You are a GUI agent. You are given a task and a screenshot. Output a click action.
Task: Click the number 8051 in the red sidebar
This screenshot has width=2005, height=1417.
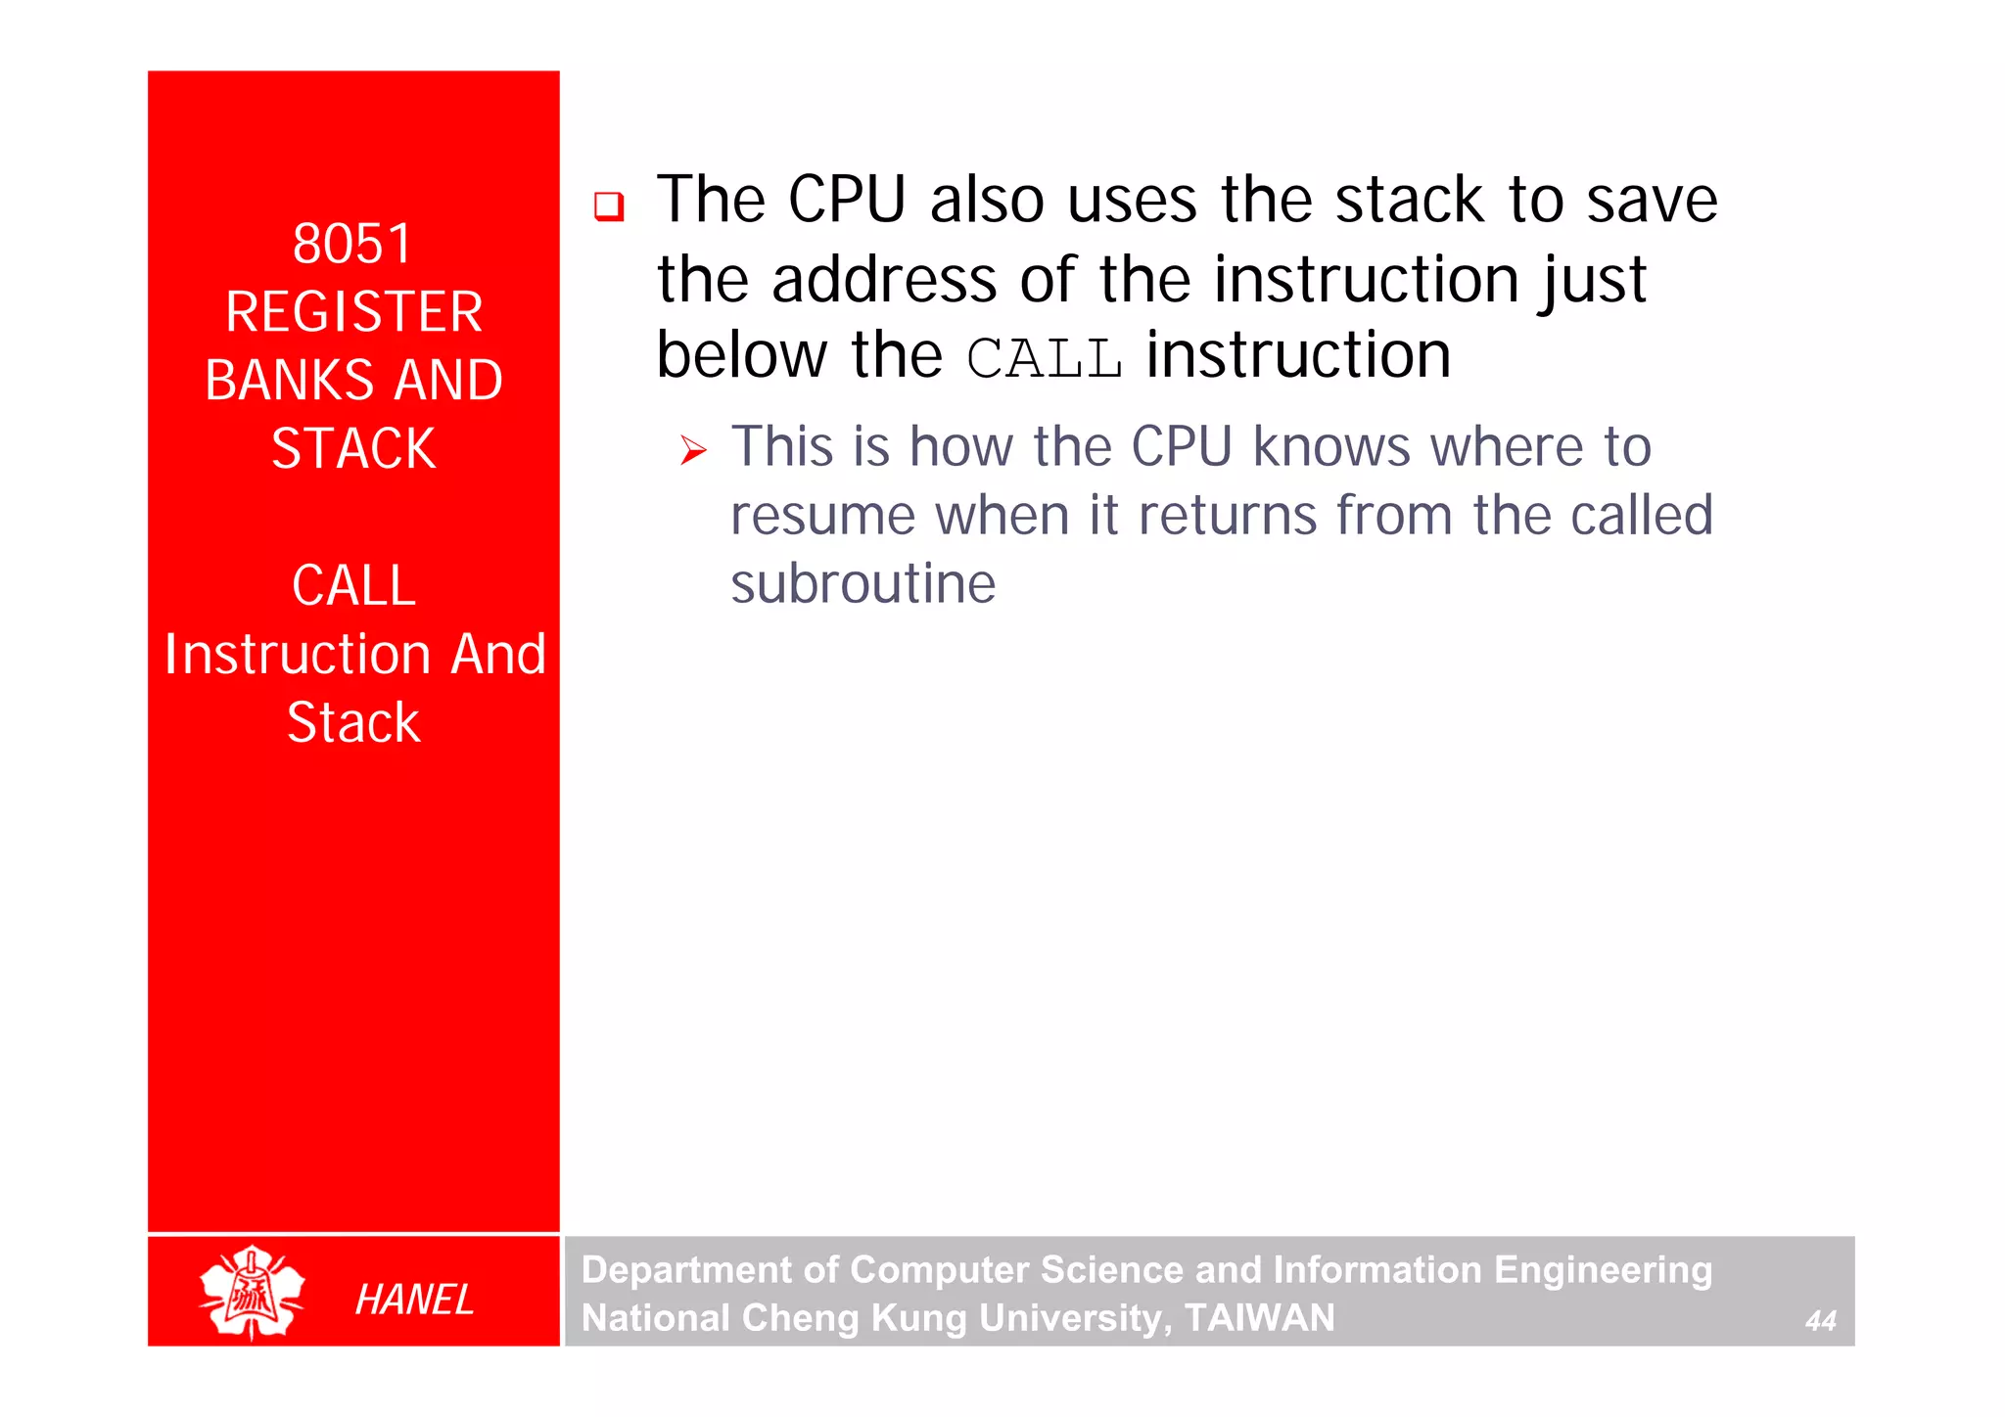point(352,244)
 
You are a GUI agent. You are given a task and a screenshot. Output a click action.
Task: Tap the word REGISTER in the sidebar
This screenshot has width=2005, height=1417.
point(353,312)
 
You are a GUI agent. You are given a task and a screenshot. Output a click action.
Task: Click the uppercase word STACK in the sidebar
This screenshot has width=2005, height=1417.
point(353,449)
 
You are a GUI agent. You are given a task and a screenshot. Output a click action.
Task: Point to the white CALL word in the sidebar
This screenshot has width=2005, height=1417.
point(353,586)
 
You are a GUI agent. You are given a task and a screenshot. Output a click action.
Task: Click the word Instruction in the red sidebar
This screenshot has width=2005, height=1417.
point(298,655)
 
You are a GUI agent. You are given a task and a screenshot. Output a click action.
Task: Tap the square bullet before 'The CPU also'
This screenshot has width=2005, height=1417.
point(609,206)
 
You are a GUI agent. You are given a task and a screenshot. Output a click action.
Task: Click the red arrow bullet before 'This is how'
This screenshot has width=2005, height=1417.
point(693,450)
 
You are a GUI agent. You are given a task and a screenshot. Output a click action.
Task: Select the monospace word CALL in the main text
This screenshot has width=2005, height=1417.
point(1044,358)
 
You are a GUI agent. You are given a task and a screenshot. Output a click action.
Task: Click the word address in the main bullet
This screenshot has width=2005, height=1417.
point(884,280)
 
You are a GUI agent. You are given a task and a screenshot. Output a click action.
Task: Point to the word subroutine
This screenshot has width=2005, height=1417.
point(863,584)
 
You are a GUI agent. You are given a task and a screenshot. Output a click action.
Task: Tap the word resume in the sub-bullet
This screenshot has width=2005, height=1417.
point(822,516)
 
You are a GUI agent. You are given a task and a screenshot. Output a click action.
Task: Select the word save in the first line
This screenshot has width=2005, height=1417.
point(1652,201)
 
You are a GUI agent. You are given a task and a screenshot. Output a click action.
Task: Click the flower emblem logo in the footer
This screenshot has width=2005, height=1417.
point(252,1292)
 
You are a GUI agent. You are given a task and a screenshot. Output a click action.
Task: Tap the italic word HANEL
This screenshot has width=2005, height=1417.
point(414,1300)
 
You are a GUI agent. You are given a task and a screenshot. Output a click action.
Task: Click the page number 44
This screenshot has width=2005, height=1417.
point(1820,1321)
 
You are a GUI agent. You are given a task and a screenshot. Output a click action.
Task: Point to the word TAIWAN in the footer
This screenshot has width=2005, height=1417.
point(1259,1318)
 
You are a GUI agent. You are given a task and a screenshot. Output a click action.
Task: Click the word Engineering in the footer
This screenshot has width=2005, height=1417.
point(1603,1270)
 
